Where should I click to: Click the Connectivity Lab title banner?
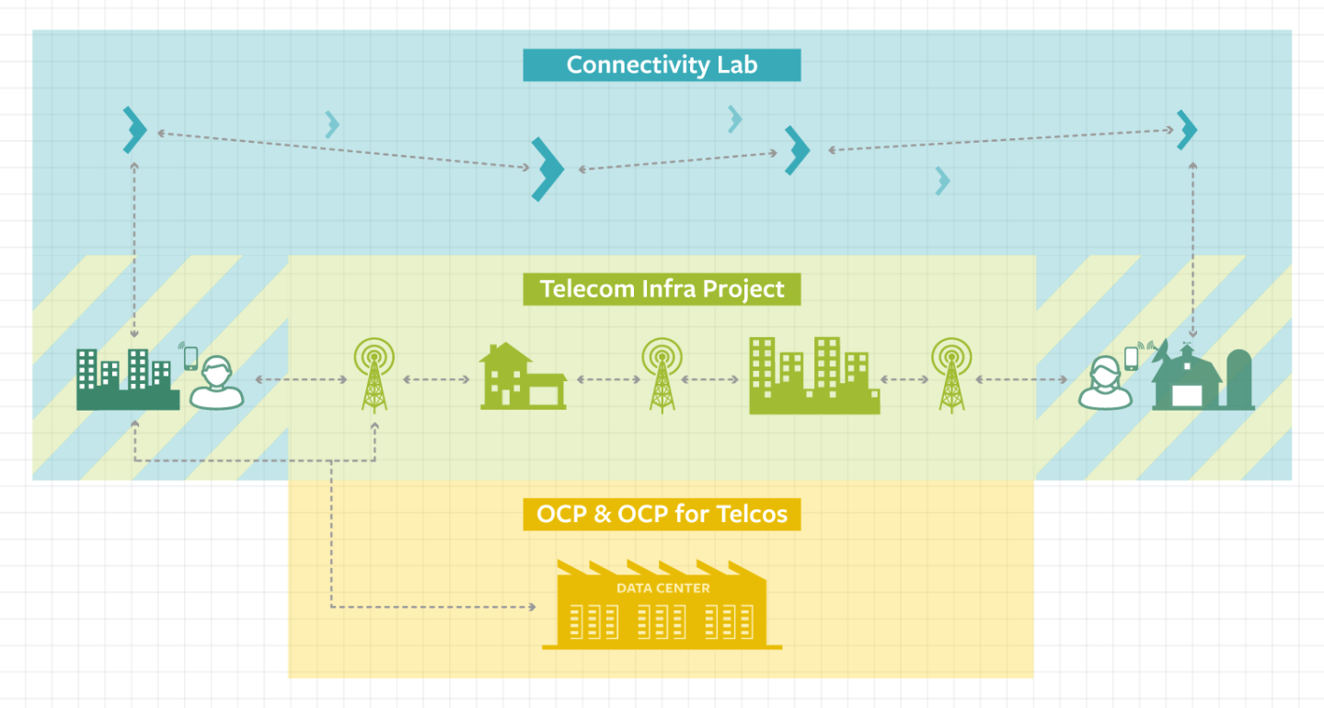coord(662,65)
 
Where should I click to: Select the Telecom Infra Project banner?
coord(662,289)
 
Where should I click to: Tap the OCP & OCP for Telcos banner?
coord(662,514)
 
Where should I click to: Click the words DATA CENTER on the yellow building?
coord(662,588)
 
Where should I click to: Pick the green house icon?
coord(522,377)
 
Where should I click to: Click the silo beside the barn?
coord(1239,379)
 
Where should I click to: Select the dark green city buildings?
coord(127,379)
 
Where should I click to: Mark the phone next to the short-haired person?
coord(190,356)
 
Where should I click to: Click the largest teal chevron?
coord(547,168)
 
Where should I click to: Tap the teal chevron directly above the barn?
coord(1187,130)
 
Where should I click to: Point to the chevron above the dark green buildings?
coord(135,130)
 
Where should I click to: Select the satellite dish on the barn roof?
coord(1160,351)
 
